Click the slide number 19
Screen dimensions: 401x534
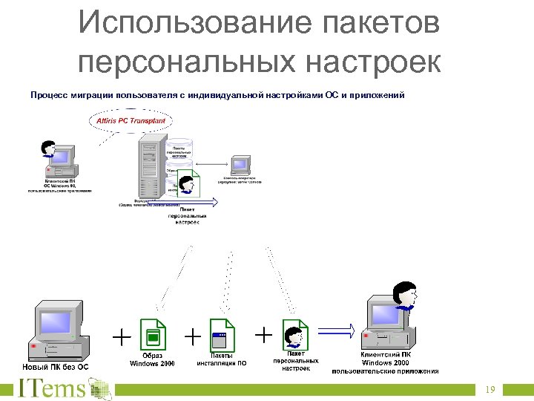click(x=490, y=390)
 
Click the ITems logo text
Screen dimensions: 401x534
click(x=52, y=388)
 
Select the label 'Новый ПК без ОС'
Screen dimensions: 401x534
click(x=56, y=367)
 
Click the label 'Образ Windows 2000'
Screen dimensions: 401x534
click(x=152, y=359)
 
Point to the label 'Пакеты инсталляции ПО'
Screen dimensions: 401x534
click(x=221, y=359)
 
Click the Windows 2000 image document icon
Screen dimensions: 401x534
click(x=152, y=334)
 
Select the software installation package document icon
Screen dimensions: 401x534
click(x=221, y=334)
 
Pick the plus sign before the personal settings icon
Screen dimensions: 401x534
click(x=263, y=335)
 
